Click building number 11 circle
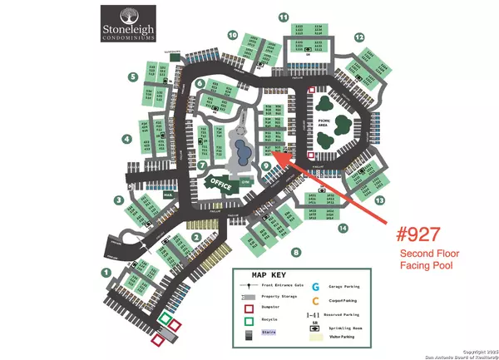[x=284, y=17]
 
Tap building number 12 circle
[x=359, y=37]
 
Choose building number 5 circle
[x=133, y=77]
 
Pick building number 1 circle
[x=106, y=271]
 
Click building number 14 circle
[x=342, y=228]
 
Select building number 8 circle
[x=295, y=251]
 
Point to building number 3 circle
[x=120, y=200]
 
